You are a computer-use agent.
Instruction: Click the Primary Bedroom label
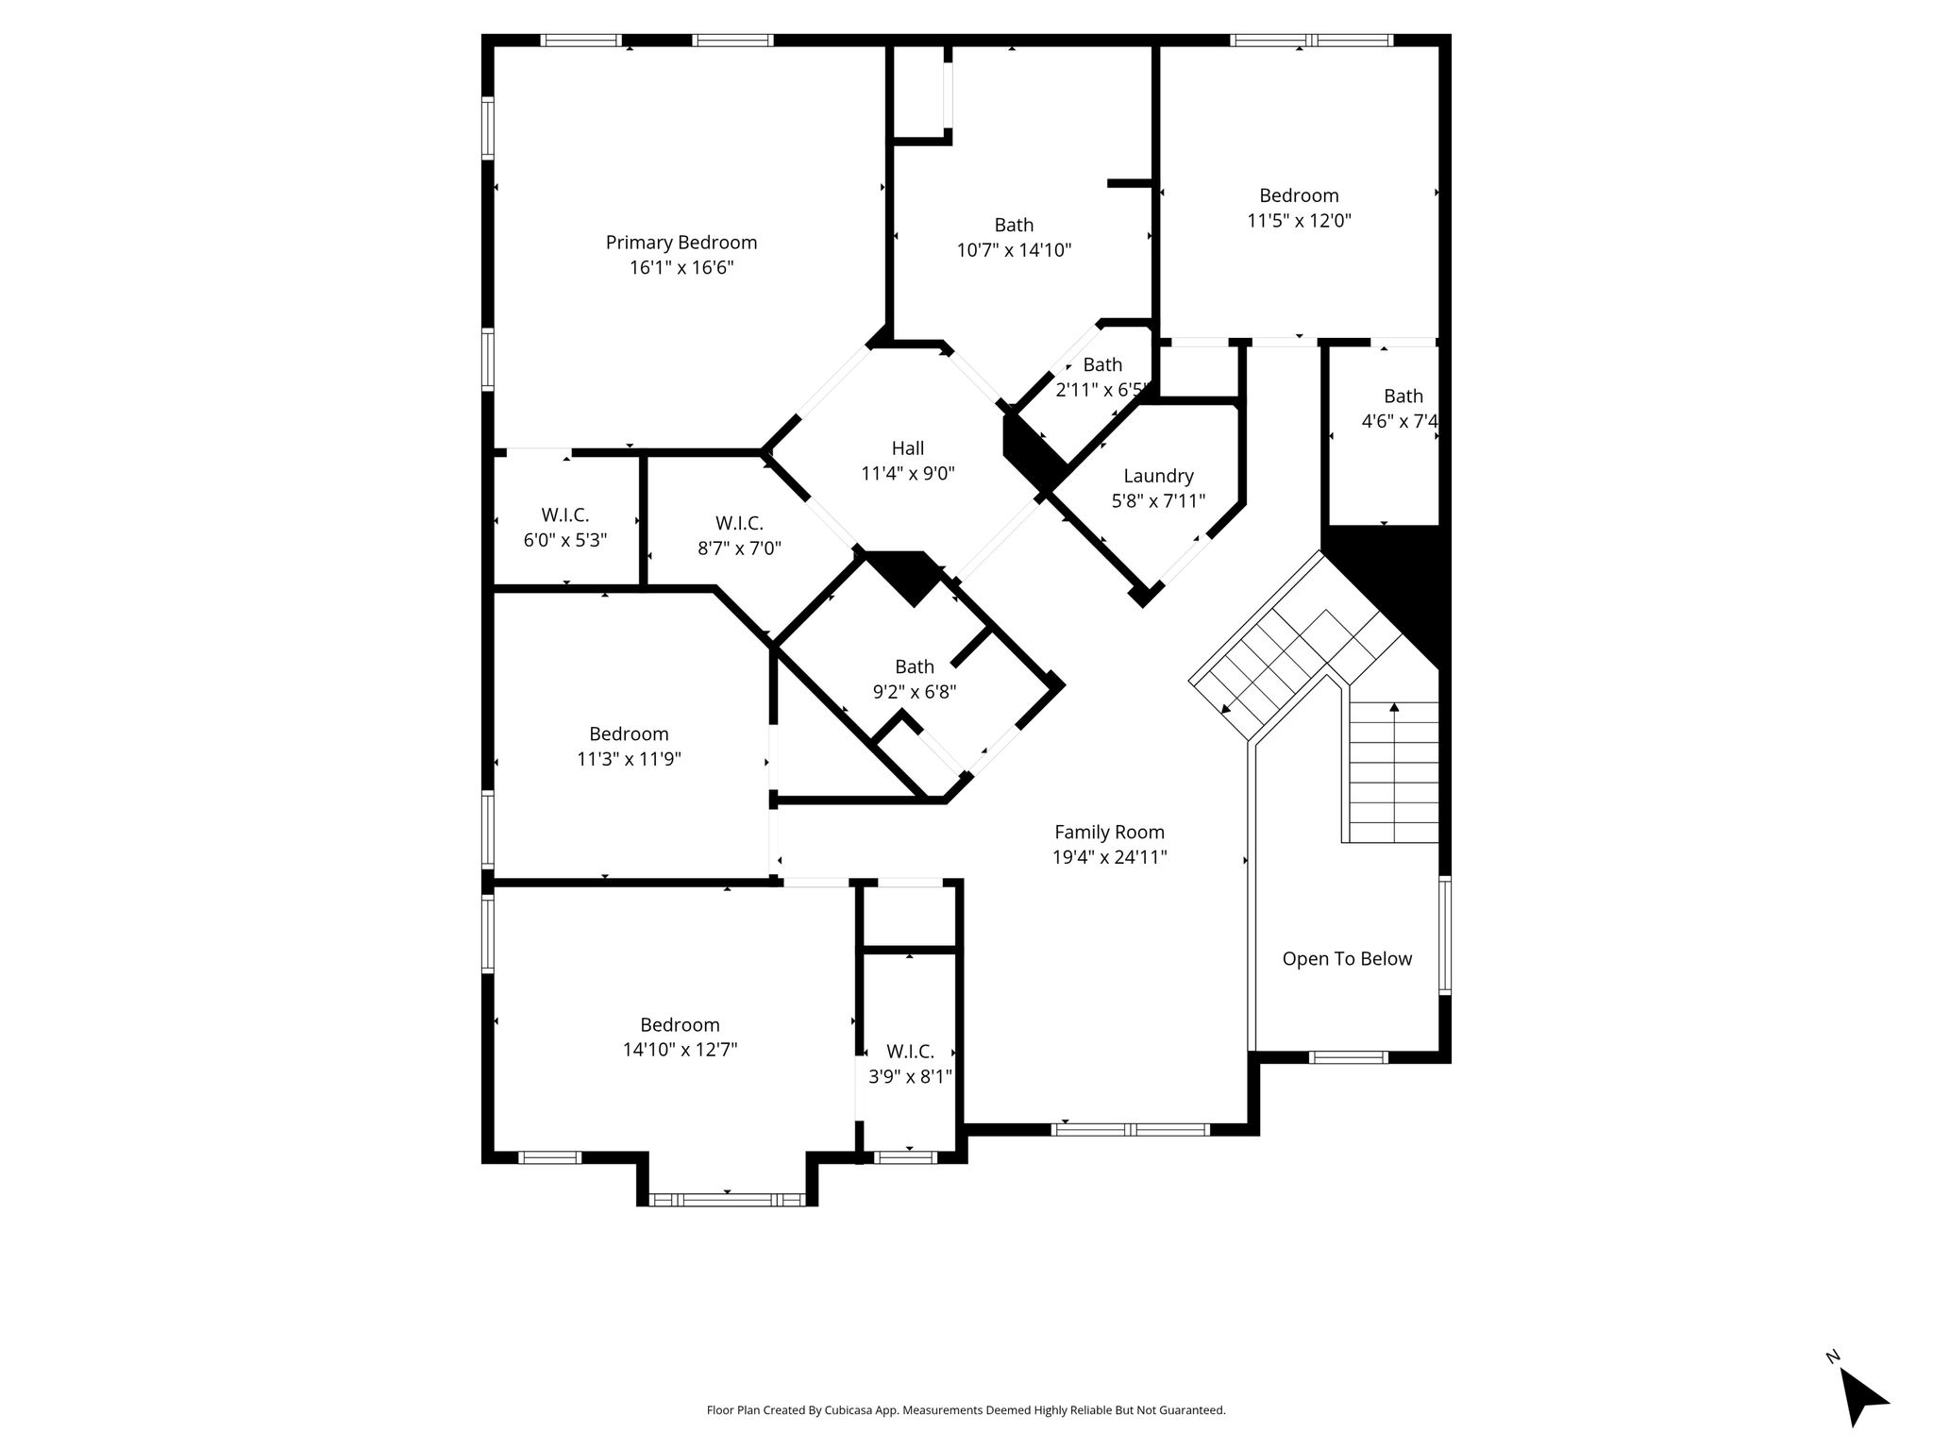coord(681,244)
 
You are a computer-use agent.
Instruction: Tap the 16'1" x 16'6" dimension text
coord(681,268)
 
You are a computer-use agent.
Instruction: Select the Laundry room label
coord(1158,477)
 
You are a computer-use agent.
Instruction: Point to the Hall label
coord(908,448)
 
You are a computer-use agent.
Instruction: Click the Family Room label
coord(1109,833)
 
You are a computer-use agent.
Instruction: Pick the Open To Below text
coord(1347,959)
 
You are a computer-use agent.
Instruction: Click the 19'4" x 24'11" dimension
coord(1110,857)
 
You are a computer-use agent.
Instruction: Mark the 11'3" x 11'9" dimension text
coord(629,759)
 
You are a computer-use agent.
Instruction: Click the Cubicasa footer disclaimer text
coord(966,1410)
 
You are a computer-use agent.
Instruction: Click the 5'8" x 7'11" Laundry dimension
coord(1158,501)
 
